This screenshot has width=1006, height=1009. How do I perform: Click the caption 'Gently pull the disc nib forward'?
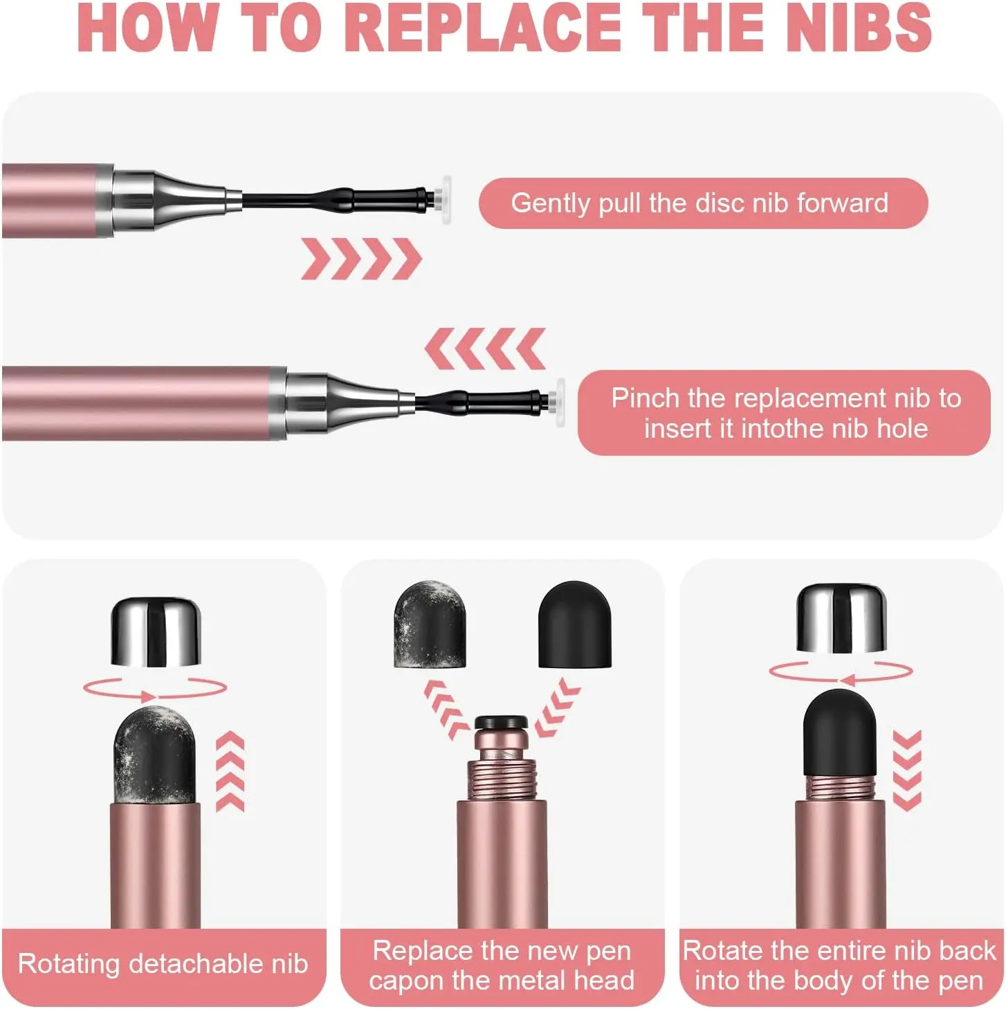699,203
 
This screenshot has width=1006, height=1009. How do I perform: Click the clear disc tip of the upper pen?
446,200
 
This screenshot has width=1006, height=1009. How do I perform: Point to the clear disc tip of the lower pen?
559,402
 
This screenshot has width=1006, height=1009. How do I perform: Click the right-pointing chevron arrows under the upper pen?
362,259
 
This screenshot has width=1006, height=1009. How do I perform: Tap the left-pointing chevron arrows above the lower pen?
485,349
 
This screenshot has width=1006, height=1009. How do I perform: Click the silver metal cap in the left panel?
156,632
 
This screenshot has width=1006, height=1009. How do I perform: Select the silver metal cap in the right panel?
841,618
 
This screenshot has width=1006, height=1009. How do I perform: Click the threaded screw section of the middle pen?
502,779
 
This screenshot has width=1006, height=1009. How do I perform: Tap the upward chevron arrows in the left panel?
230,772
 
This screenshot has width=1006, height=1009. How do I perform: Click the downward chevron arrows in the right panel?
907,770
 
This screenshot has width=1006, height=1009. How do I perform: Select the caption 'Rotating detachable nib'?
163,964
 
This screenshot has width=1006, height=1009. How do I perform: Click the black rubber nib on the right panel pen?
840,734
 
